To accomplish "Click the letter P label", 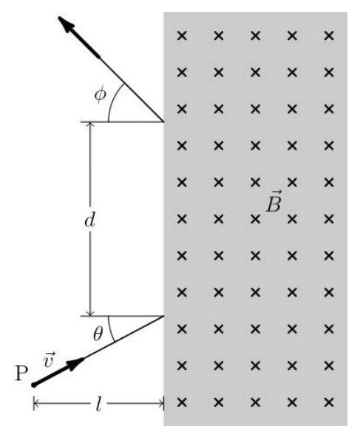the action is tap(21, 373).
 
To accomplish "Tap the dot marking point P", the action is tap(34, 385).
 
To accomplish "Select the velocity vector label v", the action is tap(49, 360).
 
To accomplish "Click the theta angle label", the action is tap(98, 334).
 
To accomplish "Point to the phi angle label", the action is tap(101, 95).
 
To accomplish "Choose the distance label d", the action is tap(90, 220).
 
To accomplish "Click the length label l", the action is tap(98, 404).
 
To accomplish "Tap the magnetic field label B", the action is tap(274, 202).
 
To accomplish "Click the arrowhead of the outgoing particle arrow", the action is tap(66, 24).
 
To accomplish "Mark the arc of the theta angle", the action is tap(110, 330).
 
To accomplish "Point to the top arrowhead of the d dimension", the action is tap(90, 124).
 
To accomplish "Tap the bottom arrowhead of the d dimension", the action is tap(90, 313).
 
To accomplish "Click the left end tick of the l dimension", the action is tap(34, 403).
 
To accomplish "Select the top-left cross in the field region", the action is tap(182, 36).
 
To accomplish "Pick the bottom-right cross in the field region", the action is tap(329, 402).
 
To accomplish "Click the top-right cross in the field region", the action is tap(329, 36).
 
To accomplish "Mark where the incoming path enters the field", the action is tap(163, 316).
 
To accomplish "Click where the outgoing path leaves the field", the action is tap(163, 122).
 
